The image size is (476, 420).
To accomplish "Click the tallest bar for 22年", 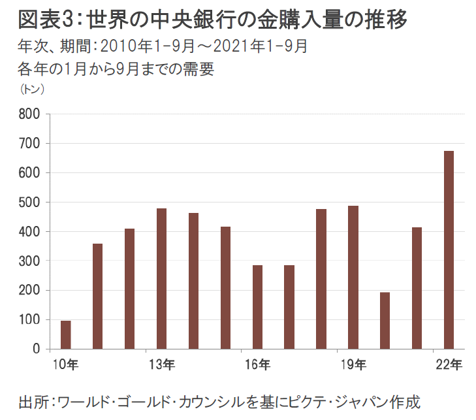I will click(449, 250).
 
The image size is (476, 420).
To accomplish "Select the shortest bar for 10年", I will click(65, 334).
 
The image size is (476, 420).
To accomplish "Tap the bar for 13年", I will click(161, 278).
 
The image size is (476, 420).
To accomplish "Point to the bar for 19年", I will click(353, 277).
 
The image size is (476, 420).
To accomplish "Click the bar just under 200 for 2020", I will click(385, 320).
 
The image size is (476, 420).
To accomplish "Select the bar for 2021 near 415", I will click(417, 288).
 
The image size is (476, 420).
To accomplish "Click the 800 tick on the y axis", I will click(31, 114).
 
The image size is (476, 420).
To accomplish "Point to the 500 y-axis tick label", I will click(31, 202).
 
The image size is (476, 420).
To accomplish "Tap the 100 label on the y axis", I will click(31, 320).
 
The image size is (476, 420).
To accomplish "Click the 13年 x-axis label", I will click(161, 364).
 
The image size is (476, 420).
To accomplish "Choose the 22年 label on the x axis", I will click(449, 364).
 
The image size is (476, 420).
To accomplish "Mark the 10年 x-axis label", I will click(65, 364).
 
